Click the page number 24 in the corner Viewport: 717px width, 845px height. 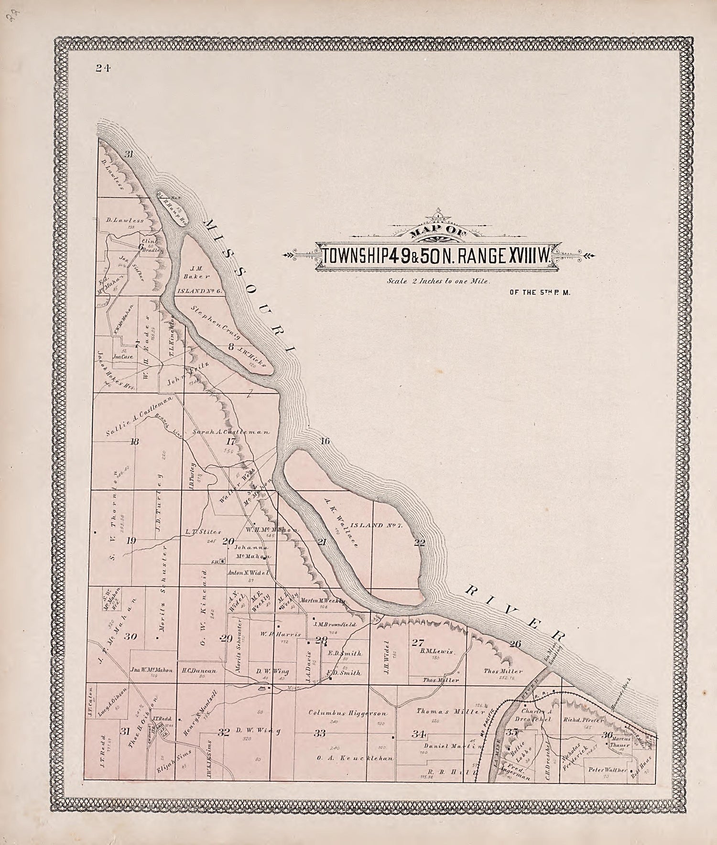(102, 68)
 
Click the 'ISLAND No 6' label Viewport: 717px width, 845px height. (200, 290)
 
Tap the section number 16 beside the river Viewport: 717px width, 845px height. (325, 441)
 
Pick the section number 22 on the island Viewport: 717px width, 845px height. (419, 542)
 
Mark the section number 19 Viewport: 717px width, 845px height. (131, 541)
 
